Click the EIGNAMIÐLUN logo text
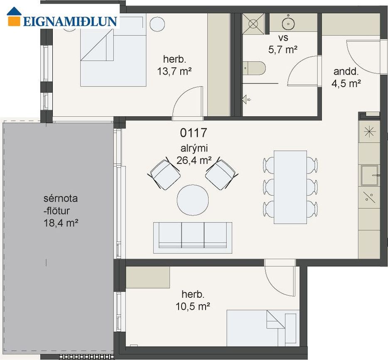tap(70, 21)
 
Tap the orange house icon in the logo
tap(14, 16)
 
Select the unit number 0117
tap(193, 133)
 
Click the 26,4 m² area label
tap(194, 160)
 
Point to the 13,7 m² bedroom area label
tap(174, 71)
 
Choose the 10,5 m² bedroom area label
tap(193, 306)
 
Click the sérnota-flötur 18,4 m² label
tap(61, 211)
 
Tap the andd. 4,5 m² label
tap(346, 77)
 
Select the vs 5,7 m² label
tap(283, 44)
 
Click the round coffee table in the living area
tap(193, 200)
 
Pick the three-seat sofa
tap(193, 238)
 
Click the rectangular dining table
tap(290, 187)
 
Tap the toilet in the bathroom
tap(254, 68)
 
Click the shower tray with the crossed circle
tap(253, 24)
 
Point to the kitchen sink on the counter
tap(369, 175)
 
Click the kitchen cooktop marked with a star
tap(369, 132)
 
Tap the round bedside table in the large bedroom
tap(157, 24)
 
